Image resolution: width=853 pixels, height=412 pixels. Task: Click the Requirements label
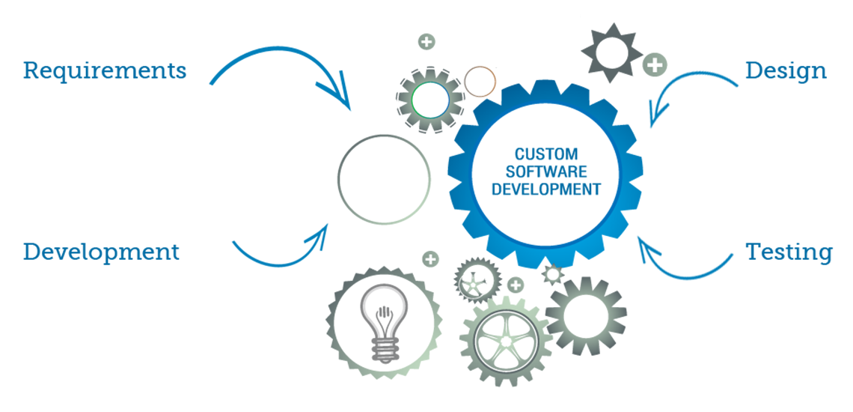[x=104, y=71]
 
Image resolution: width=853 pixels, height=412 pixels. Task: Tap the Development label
[x=101, y=252]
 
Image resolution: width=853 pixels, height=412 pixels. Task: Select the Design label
[x=786, y=71]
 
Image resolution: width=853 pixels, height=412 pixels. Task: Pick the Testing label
[x=789, y=252]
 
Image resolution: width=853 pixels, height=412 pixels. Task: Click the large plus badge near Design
[x=655, y=65]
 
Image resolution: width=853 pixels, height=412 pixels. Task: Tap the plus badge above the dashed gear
[x=426, y=41]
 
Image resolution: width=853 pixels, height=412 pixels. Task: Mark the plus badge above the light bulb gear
[x=430, y=260]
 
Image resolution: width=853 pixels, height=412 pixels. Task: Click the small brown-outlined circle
[x=479, y=82]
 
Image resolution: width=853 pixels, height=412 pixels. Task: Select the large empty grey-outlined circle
[x=384, y=179]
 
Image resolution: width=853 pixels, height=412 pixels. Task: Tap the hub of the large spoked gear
[x=506, y=342]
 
